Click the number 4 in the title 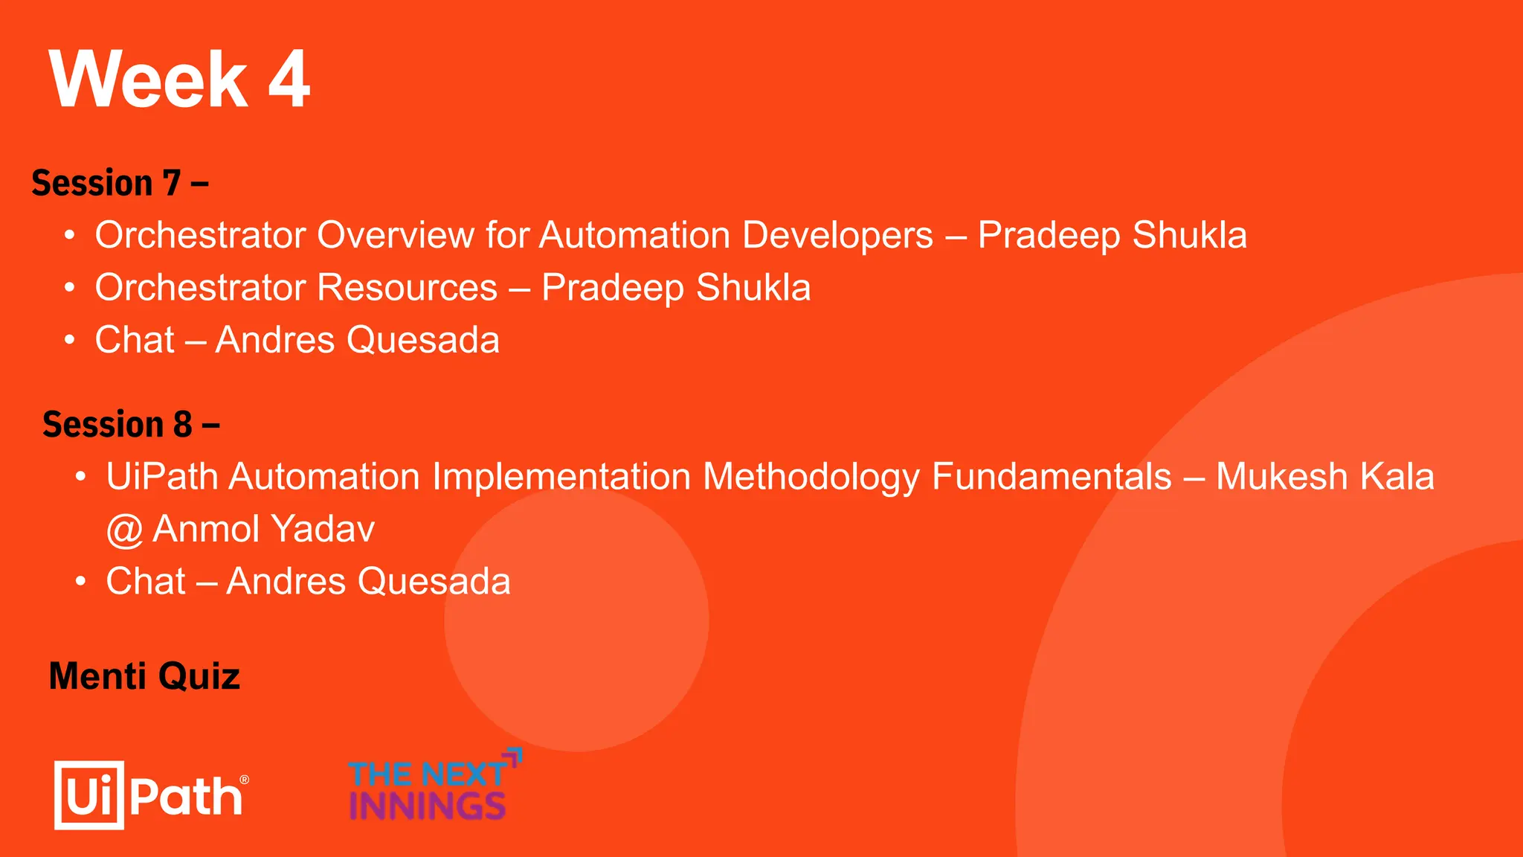click(289, 80)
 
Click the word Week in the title click(148, 80)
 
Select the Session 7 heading click(119, 183)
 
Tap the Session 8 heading click(130, 424)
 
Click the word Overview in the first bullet click(396, 235)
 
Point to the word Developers click(837, 235)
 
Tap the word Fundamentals click(1052, 477)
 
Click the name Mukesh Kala click(1324, 477)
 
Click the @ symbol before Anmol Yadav click(124, 530)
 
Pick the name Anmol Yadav click(263, 529)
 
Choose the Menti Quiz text click(144, 676)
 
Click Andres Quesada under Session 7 click(357, 340)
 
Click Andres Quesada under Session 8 click(368, 581)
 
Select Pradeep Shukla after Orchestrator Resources click(675, 288)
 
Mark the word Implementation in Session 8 click(561, 477)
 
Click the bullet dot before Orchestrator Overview click(69, 236)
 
